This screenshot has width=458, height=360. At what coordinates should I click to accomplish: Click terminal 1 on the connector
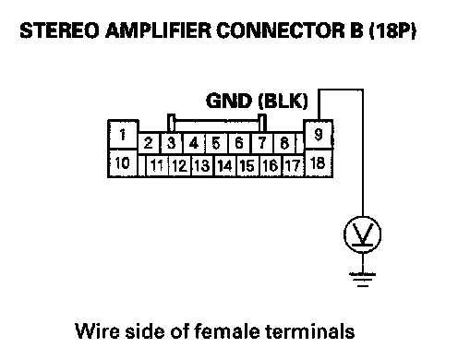pyautogui.click(x=123, y=135)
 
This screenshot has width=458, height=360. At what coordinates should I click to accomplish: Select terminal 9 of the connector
pyautogui.click(x=319, y=135)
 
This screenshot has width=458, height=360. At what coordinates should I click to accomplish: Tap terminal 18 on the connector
pyautogui.click(x=319, y=163)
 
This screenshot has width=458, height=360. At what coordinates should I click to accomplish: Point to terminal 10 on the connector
pyautogui.click(x=123, y=163)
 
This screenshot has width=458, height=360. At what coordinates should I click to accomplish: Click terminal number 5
pyautogui.click(x=216, y=143)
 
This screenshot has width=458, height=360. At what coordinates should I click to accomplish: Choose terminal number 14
pyautogui.click(x=225, y=166)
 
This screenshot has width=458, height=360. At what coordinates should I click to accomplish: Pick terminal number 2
pyautogui.click(x=149, y=143)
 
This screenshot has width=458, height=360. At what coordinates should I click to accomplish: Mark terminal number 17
pyautogui.click(x=293, y=166)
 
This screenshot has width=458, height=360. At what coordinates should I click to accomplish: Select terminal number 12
pyautogui.click(x=180, y=166)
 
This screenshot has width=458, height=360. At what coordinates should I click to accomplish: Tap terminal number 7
pyautogui.click(x=262, y=143)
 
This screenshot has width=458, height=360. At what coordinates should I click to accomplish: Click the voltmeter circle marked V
pyautogui.click(x=362, y=234)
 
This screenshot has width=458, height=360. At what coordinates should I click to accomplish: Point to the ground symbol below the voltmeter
pyautogui.click(x=363, y=280)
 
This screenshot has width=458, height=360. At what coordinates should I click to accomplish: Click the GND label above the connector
pyautogui.click(x=229, y=101)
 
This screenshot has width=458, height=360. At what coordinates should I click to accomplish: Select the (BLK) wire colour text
pyautogui.click(x=283, y=101)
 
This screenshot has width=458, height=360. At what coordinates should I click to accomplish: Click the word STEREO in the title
pyautogui.click(x=59, y=30)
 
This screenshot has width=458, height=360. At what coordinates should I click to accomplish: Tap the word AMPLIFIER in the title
pyautogui.click(x=158, y=30)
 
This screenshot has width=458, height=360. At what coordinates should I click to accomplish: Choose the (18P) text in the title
pyautogui.click(x=393, y=30)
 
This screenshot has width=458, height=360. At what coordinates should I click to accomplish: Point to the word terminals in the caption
pyautogui.click(x=309, y=331)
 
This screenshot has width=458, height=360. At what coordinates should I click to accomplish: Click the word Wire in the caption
pyautogui.click(x=97, y=331)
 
